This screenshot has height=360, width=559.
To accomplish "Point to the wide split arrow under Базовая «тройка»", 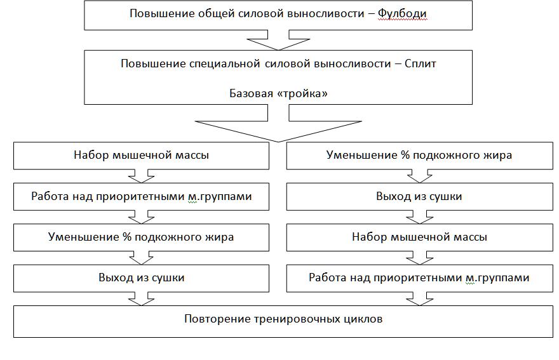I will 278,124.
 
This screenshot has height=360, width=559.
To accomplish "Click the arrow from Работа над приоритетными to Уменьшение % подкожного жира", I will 141,217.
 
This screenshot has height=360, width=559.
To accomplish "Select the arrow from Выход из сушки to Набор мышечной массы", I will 419,217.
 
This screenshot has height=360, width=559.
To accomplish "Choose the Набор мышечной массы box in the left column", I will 141,156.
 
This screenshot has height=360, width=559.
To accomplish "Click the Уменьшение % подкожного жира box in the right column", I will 419,156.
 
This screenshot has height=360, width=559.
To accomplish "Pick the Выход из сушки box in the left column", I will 141,278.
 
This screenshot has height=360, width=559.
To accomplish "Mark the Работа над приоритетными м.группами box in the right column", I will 419,278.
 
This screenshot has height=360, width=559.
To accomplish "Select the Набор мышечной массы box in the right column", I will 419,237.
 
